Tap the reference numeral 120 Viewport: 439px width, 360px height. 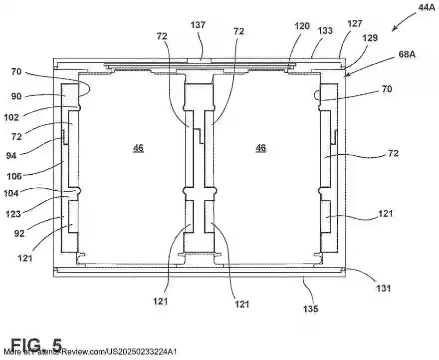click(x=302, y=26)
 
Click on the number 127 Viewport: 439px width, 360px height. click(x=355, y=23)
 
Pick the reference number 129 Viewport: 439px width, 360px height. click(x=370, y=37)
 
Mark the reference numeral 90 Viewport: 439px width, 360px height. click(x=16, y=95)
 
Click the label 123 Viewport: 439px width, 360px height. click(x=13, y=214)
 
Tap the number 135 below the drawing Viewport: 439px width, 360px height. click(x=310, y=309)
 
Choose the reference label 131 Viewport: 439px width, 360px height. click(x=384, y=288)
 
